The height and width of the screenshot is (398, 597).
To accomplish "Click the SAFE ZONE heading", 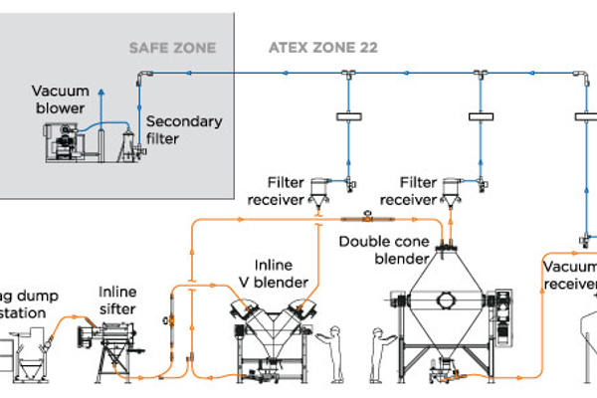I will (x=172, y=48).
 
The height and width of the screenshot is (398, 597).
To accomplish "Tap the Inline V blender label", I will (x=281, y=275).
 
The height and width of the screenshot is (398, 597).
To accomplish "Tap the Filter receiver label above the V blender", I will (x=288, y=190).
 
